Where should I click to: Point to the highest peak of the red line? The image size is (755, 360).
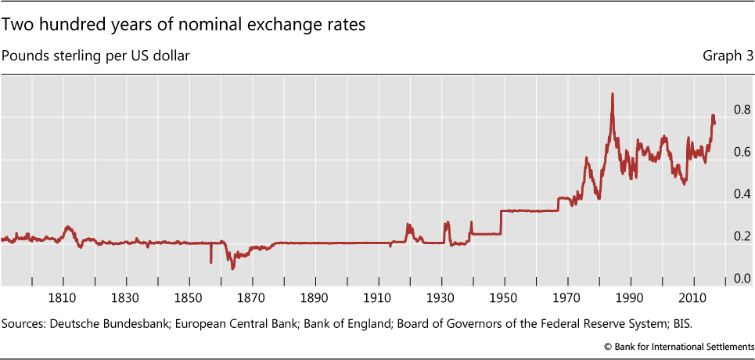(612, 94)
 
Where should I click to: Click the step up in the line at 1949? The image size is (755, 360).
(501, 222)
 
